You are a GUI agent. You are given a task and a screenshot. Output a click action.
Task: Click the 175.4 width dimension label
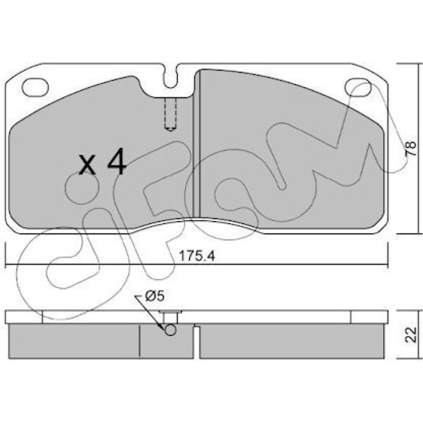point(197,256)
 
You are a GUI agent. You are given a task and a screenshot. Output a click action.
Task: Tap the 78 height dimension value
point(411,149)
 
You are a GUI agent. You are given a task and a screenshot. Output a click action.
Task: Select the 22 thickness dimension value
point(411,335)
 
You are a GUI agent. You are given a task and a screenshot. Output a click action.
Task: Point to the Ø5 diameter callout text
point(155,296)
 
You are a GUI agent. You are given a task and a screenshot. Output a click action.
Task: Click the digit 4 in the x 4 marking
point(117,161)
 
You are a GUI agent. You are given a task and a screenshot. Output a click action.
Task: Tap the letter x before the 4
point(87,164)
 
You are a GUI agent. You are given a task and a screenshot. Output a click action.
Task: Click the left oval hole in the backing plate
point(35,88)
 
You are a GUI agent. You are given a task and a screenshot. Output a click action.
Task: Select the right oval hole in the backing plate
point(358,87)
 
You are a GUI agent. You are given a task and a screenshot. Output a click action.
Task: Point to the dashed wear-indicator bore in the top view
point(170,114)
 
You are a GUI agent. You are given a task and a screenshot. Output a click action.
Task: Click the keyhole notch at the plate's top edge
point(170,76)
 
